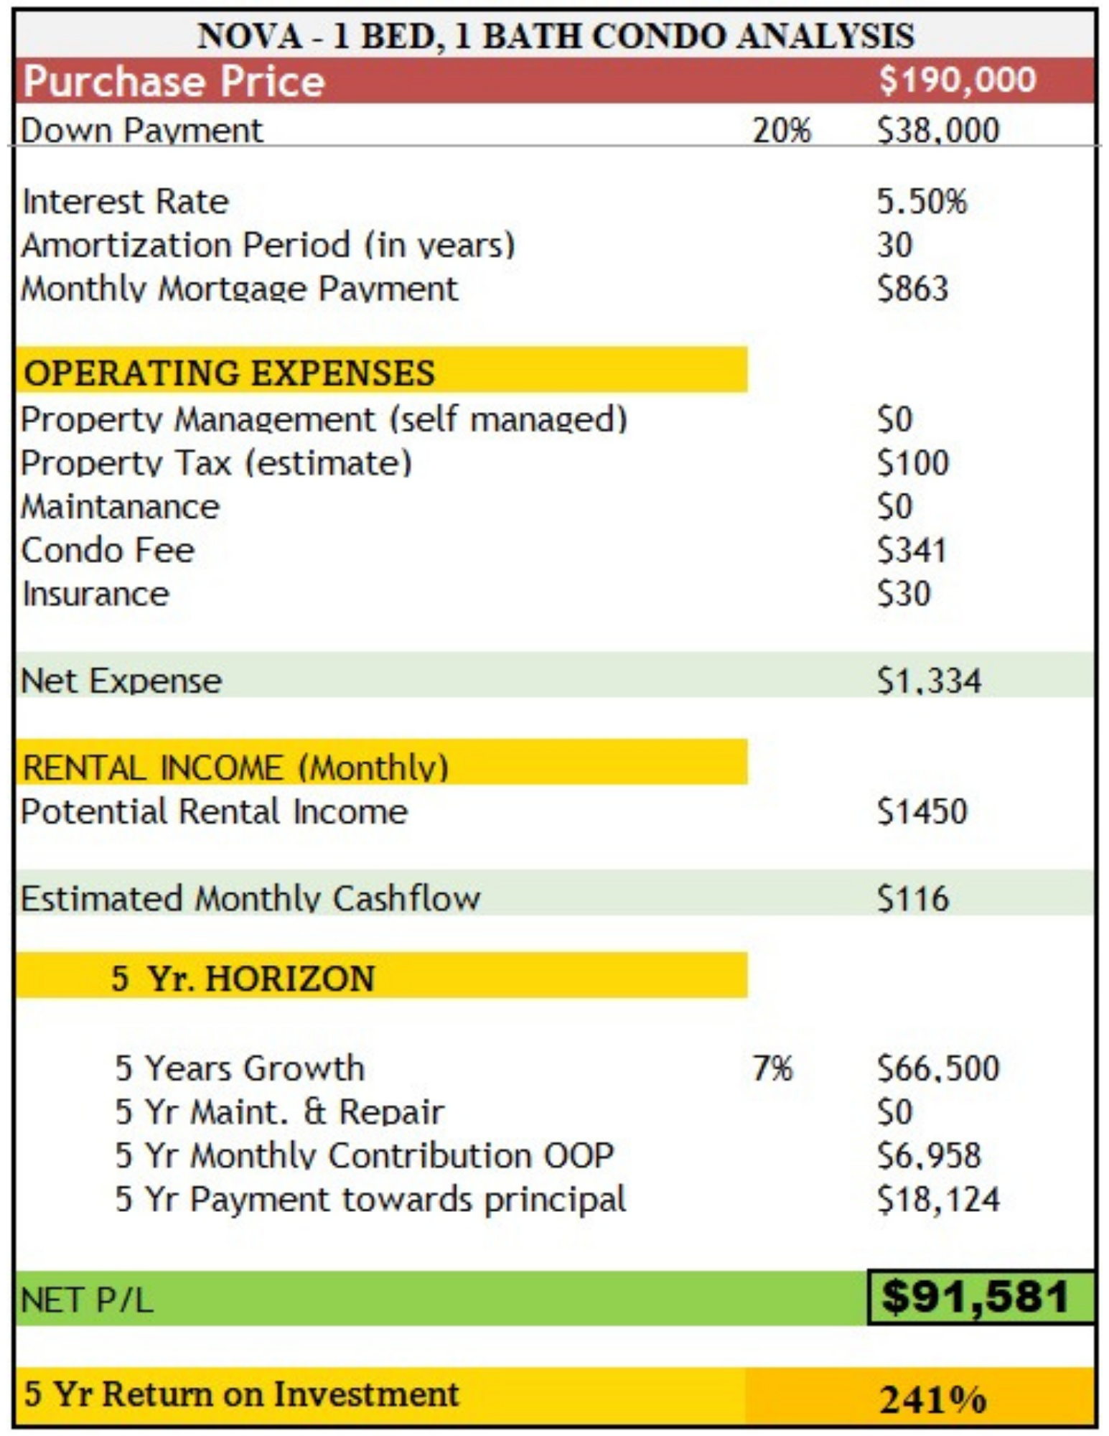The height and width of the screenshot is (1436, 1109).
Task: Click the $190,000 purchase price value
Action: click(958, 80)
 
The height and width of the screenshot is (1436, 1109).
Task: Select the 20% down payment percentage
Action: click(782, 131)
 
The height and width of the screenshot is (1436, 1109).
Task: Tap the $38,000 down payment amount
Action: click(938, 131)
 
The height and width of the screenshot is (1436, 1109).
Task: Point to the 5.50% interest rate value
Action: click(922, 202)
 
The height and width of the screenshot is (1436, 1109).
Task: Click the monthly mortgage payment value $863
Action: click(912, 289)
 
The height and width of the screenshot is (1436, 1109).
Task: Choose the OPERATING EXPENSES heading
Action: click(230, 373)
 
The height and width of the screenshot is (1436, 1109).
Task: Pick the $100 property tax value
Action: click(912, 463)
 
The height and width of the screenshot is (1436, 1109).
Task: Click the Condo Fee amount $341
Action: click(912, 551)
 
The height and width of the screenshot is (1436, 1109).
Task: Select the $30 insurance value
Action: click(904, 595)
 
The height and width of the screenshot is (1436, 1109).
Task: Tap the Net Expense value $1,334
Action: click(929, 680)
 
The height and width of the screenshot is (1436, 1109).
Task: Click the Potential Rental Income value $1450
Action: click(922, 812)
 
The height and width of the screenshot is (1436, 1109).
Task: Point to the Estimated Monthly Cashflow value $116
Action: click(912, 899)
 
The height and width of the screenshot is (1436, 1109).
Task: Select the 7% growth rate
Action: click(772, 1068)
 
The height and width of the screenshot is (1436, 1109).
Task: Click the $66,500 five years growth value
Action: click(938, 1068)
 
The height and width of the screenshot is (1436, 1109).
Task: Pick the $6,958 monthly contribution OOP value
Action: click(929, 1156)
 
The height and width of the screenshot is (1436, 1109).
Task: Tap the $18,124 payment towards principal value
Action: click(938, 1200)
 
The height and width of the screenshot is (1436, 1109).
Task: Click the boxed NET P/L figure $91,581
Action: click(975, 1297)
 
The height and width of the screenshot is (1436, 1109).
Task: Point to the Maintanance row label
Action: click(121, 507)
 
